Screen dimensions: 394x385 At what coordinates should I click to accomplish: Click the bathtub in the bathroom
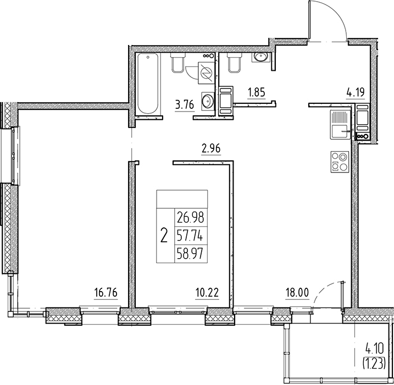(x=148, y=83)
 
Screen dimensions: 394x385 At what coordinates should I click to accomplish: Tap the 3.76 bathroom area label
(x=185, y=105)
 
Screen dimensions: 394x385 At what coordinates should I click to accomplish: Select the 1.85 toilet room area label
(x=256, y=92)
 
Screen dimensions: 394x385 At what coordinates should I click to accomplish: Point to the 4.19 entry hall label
(x=356, y=92)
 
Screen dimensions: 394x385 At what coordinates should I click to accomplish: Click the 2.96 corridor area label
(x=211, y=149)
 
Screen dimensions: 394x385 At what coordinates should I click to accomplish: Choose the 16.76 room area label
(x=106, y=293)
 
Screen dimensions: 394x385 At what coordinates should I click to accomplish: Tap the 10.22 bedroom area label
(x=207, y=293)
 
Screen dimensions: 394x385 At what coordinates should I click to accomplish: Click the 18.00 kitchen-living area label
(x=297, y=293)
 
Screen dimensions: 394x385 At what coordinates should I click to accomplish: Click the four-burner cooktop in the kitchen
(x=340, y=161)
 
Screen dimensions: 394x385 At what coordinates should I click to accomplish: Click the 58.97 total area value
(x=191, y=254)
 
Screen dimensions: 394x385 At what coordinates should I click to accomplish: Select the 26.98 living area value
(x=191, y=217)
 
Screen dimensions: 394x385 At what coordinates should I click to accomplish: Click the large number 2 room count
(x=164, y=236)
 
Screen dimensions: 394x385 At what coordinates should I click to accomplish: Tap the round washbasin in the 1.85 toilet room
(x=259, y=57)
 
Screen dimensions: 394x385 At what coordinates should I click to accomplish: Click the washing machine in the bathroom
(x=206, y=73)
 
